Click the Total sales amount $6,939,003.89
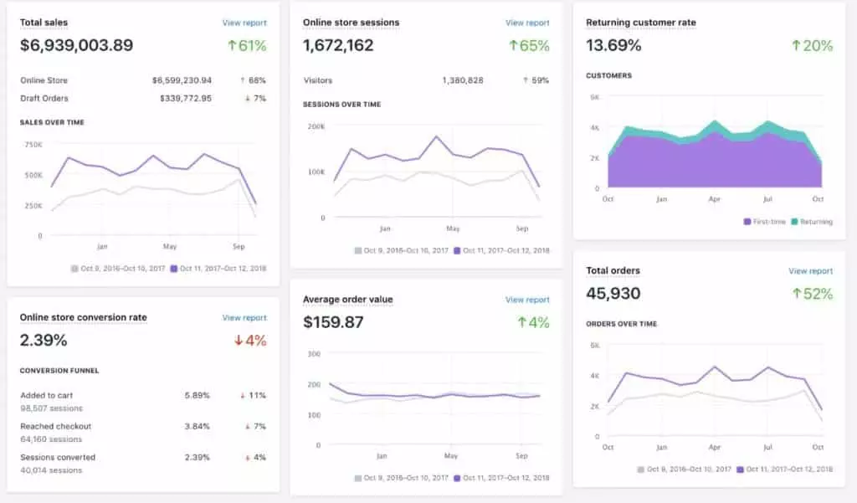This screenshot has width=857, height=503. point(76,45)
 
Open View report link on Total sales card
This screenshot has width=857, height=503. point(244,23)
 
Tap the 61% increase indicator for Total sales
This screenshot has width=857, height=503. point(248,45)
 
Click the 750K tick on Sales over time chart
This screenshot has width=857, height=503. point(33,144)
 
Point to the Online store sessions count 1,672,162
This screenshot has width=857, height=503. point(338,45)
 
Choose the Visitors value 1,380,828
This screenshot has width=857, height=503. point(463,80)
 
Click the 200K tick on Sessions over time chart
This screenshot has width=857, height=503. point(316,126)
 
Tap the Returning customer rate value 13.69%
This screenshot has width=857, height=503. point(613,45)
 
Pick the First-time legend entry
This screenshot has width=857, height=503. point(766,222)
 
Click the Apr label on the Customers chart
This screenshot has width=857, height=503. point(714,199)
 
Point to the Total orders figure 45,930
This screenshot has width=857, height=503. point(613,293)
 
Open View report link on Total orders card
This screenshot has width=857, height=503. point(810,271)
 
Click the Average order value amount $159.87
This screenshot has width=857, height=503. point(333,321)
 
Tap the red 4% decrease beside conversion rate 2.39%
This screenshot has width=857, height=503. point(250,340)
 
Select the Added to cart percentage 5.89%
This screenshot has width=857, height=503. point(197,395)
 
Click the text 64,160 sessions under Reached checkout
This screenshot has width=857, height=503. point(51,439)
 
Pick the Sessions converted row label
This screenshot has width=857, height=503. point(58,457)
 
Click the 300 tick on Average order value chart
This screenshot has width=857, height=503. point(315,353)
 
